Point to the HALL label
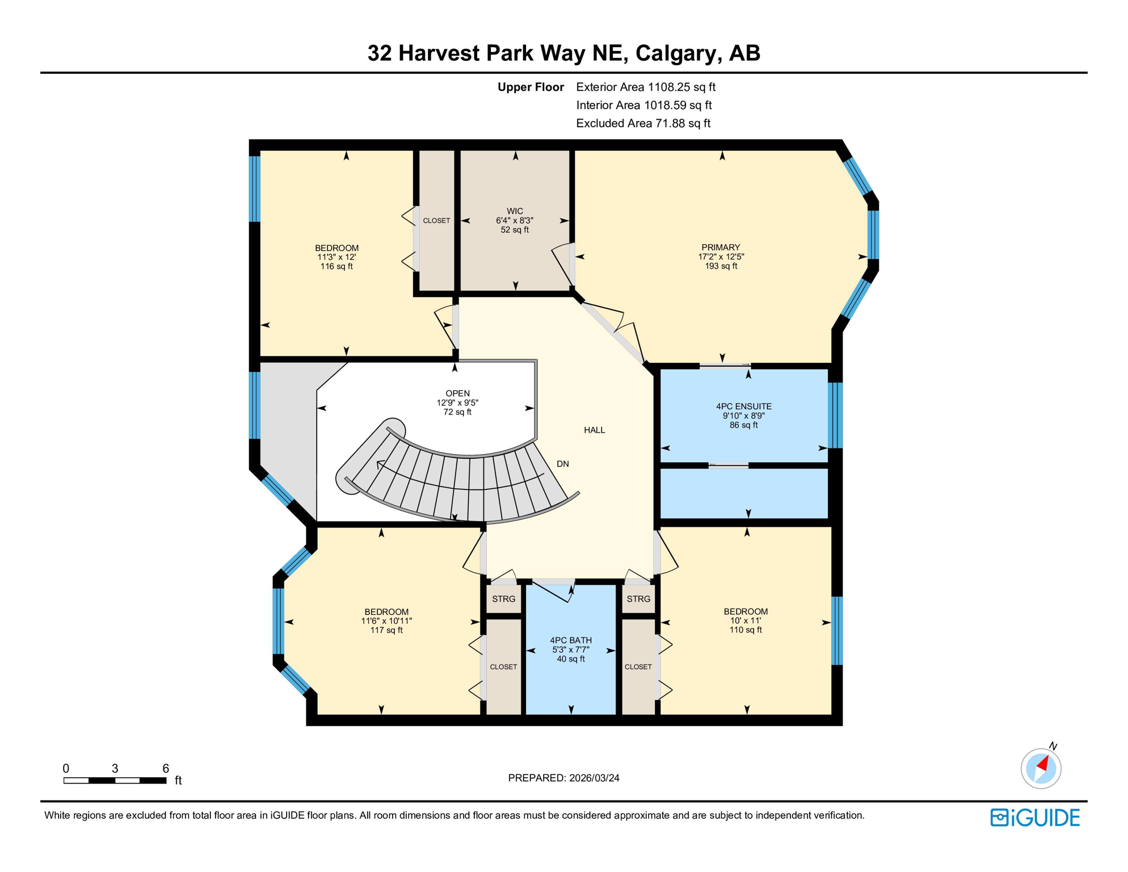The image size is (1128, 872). click(x=594, y=430)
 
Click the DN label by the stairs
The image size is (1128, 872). click(x=562, y=464)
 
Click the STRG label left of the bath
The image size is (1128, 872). click(x=503, y=599)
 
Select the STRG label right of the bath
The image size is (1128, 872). click(x=638, y=599)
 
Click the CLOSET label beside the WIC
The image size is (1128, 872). click(x=436, y=220)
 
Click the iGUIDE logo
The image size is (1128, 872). click(x=1035, y=817)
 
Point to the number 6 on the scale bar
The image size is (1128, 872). click(x=166, y=768)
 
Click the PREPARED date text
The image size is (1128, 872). click(x=563, y=778)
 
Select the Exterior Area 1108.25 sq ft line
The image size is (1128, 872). click(x=645, y=87)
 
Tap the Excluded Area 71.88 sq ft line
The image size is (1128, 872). click(x=643, y=123)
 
